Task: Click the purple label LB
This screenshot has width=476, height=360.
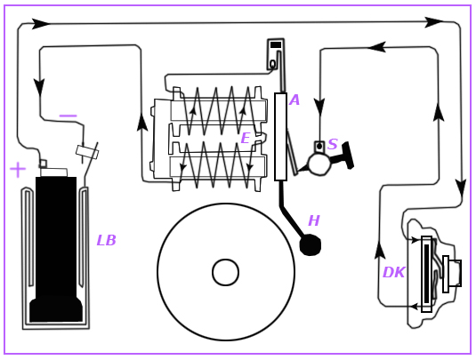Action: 106,241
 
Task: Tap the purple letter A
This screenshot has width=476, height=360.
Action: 294,100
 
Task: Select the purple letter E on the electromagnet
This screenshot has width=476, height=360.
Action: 245,139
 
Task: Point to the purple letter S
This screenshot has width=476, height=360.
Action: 333,144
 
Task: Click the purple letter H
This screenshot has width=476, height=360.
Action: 314,220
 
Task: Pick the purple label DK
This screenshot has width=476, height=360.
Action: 394,272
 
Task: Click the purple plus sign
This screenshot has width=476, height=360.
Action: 18,170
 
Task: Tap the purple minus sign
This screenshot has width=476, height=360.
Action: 69,116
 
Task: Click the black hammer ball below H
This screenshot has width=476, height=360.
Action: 311,245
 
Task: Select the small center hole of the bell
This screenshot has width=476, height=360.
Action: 226,272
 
